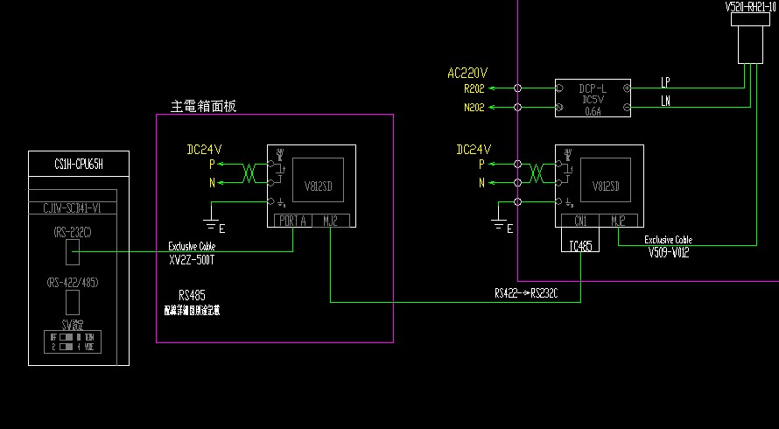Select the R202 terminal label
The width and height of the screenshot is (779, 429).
point(474,88)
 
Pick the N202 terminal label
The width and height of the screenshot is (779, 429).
point(474,108)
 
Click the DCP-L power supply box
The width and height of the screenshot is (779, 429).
point(593,97)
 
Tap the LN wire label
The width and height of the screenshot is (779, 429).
point(666,102)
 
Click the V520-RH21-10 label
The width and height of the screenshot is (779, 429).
point(751,6)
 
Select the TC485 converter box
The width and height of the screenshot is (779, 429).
point(580,245)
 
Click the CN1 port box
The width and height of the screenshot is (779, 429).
point(580,221)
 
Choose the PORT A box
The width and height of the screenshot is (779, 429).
point(292,221)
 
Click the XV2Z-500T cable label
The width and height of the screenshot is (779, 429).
point(193,260)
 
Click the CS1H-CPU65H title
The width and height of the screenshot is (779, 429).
point(79,164)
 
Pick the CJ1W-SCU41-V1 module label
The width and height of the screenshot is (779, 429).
point(79,207)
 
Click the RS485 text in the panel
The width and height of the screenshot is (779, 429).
point(192,295)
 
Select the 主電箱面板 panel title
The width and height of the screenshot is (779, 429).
point(203,106)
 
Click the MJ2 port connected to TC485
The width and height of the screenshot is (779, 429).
point(618,221)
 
